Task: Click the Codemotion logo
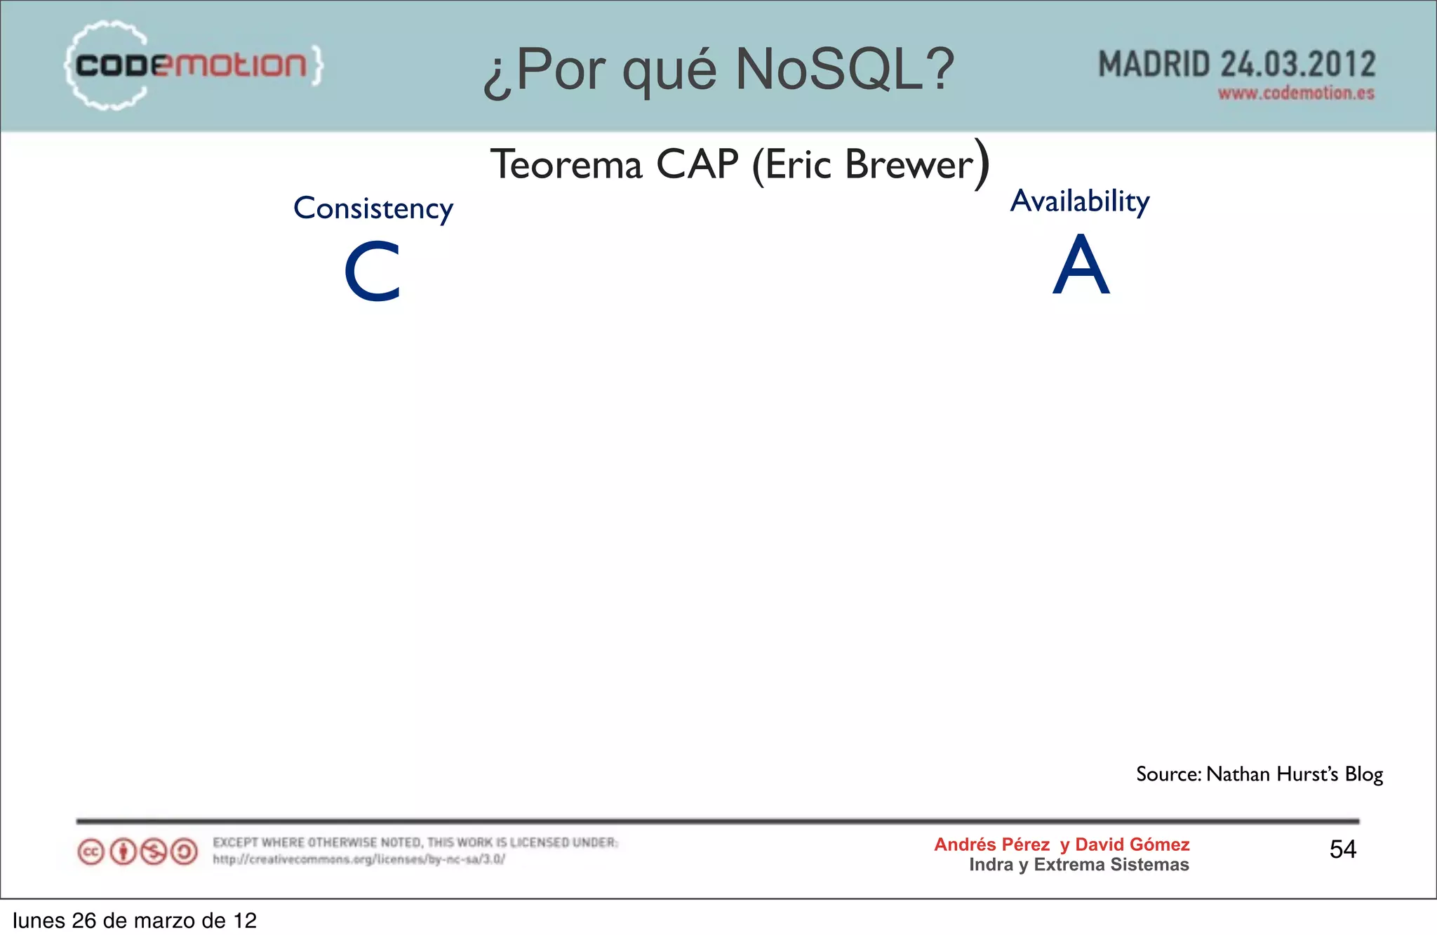193,65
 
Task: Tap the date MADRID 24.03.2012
1236,65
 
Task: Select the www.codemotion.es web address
1295,93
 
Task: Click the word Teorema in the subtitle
566,165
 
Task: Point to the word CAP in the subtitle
697,165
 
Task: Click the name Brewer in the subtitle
910,165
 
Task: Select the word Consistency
373,208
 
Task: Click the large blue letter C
372,272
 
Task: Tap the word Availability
1080,201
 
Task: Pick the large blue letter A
1081,265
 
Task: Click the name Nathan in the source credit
1238,774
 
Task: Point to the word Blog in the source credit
1363,774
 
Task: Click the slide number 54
1342,849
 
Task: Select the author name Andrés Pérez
991,844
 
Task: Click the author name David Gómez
1132,844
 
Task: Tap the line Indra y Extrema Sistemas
1078,865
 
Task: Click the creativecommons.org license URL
359,859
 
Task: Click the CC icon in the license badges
91,852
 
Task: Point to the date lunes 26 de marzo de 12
135,920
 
